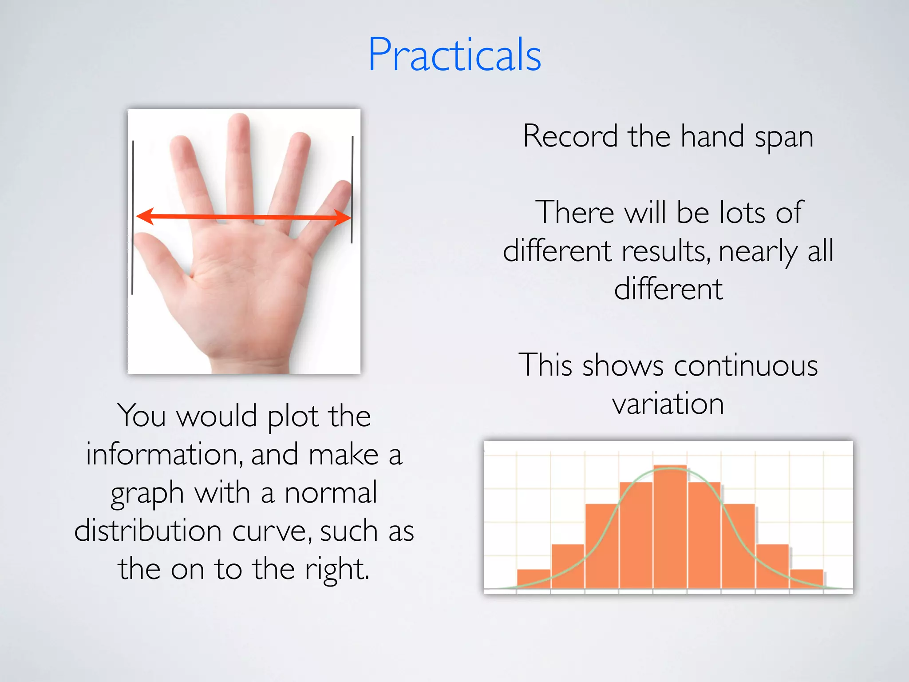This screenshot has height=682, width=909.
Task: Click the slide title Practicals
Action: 454,55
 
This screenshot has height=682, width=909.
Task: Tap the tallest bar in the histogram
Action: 670,528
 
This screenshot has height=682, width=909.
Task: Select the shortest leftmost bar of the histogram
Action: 534,579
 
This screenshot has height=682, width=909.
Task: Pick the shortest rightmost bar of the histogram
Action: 806,579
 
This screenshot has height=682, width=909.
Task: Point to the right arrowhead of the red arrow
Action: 343,217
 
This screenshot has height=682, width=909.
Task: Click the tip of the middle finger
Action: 240,122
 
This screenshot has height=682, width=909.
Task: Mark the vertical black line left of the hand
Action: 133,218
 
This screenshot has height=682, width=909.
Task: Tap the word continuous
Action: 746,366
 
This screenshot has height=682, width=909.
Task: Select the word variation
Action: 668,404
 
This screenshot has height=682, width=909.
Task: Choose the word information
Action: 164,455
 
